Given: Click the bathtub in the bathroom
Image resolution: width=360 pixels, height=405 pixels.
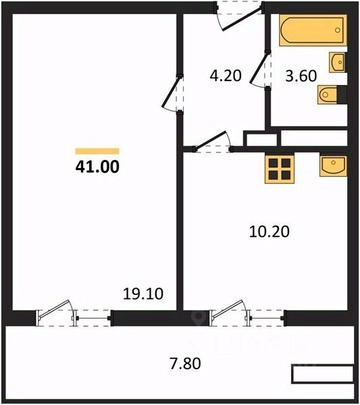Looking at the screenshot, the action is [x=313, y=30].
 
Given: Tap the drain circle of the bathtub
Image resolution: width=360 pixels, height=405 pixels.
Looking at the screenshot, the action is [x=338, y=30].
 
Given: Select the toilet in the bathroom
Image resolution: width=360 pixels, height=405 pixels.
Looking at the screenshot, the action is [x=328, y=94].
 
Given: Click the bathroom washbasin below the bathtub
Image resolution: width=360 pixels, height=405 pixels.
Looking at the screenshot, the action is [x=338, y=62].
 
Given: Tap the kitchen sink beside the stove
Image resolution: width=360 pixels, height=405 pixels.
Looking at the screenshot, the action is [x=334, y=165].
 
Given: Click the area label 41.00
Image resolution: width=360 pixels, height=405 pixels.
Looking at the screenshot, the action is [x=97, y=167].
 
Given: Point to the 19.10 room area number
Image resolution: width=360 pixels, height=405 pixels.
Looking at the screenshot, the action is [x=143, y=294].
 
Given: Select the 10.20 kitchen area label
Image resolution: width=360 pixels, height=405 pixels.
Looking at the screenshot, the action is [x=269, y=232].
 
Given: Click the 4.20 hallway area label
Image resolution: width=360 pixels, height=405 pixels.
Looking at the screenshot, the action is [x=226, y=76].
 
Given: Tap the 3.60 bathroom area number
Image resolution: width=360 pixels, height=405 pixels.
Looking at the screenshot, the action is [x=301, y=76].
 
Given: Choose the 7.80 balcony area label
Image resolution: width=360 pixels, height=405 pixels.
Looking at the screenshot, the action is [x=185, y=363].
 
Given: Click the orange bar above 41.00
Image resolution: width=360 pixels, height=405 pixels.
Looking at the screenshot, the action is [x=97, y=151].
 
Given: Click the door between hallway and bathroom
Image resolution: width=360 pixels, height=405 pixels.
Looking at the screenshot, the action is [x=261, y=69].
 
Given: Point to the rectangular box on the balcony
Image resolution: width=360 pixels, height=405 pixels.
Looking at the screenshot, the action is [x=323, y=373].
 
